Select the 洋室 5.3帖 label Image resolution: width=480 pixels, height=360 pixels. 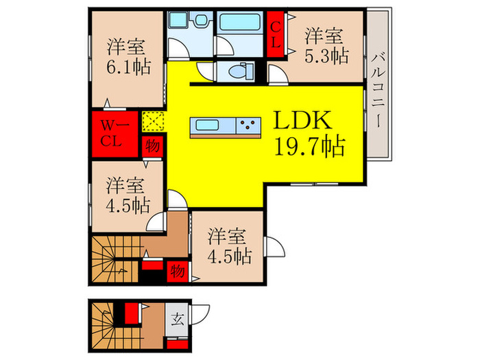(324, 45)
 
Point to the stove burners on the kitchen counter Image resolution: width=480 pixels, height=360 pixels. (248, 125)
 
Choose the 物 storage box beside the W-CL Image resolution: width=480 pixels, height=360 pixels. (151, 145)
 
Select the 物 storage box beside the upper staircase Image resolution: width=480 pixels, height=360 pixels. (178, 269)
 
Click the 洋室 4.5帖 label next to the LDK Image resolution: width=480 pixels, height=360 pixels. (125, 195)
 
